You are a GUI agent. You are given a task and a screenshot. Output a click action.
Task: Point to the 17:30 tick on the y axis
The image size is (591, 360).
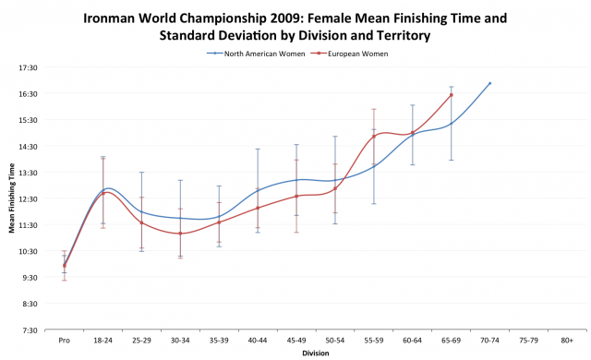28,67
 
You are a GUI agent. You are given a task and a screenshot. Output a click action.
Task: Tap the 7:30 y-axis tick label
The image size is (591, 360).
29,330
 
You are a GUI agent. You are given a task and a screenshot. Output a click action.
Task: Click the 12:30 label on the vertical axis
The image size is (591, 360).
28,198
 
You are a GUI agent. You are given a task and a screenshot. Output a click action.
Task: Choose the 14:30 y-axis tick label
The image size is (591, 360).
28,146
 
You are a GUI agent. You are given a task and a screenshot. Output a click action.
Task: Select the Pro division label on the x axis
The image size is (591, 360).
64,340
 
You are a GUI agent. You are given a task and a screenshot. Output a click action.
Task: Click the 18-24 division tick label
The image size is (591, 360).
103,340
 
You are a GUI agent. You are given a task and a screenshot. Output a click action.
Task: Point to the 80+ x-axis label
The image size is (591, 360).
567,340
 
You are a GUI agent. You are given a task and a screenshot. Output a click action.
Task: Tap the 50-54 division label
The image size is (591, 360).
335,340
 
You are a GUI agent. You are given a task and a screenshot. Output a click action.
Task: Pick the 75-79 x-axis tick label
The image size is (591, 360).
528,340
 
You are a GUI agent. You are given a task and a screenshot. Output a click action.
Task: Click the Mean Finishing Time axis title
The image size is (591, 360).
12,198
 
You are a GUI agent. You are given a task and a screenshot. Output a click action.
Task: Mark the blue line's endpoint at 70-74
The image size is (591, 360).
489,83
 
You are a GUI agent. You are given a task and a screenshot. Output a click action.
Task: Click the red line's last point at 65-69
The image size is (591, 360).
451,94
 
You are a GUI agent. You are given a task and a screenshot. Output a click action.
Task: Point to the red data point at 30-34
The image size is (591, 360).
180,234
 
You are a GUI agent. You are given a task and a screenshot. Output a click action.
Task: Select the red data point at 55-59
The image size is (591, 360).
374,137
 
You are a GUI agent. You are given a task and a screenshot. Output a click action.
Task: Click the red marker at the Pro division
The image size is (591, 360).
64,266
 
